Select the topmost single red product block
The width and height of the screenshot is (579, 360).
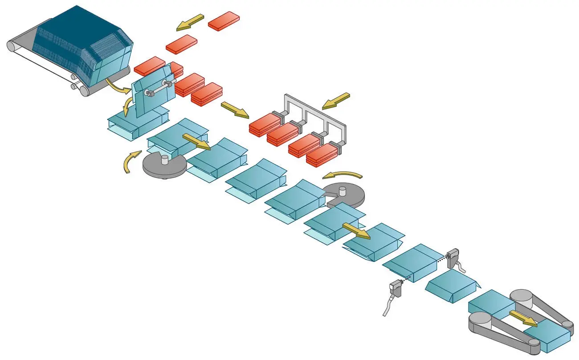(224, 21)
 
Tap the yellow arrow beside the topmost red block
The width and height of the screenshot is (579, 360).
(190, 22)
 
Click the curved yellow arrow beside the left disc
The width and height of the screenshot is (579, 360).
(130, 162)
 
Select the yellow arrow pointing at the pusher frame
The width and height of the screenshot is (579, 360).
(336, 101)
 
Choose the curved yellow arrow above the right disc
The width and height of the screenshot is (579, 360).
(343, 175)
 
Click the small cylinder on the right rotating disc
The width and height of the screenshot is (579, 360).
(343, 191)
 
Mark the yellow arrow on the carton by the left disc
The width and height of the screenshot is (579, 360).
(196, 141)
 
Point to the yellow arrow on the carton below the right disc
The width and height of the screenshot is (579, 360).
(356, 231)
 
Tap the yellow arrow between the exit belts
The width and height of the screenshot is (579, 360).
(523, 318)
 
